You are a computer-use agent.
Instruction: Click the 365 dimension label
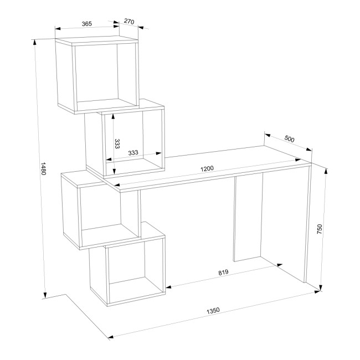[87, 24]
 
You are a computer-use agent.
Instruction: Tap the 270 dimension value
[129, 22]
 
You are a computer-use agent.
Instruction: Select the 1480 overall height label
[43, 168]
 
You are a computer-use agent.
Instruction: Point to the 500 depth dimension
[289, 139]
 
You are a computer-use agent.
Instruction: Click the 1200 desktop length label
[207, 168]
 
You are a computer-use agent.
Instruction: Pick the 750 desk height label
[320, 229]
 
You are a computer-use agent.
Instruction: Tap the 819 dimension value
[223, 272]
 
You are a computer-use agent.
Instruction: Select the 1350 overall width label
[213, 311]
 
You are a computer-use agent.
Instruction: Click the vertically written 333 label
[117, 144]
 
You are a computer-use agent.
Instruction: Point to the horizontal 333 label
[133, 152]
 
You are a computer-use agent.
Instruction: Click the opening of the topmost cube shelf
[106, 75]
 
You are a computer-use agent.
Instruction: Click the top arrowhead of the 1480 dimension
[35, 43]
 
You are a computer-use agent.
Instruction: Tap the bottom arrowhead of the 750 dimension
[321, 287]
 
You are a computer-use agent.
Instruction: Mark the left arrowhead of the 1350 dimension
[111, 337]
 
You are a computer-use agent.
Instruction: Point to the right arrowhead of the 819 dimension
[279, 265]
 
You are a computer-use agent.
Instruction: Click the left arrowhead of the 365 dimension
[58, 28]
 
